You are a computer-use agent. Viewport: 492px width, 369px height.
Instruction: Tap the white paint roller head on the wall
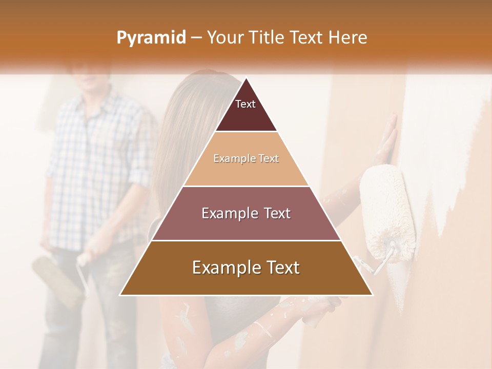click(387, 210)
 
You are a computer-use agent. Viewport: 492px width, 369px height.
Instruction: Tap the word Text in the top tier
click(245, 104)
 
